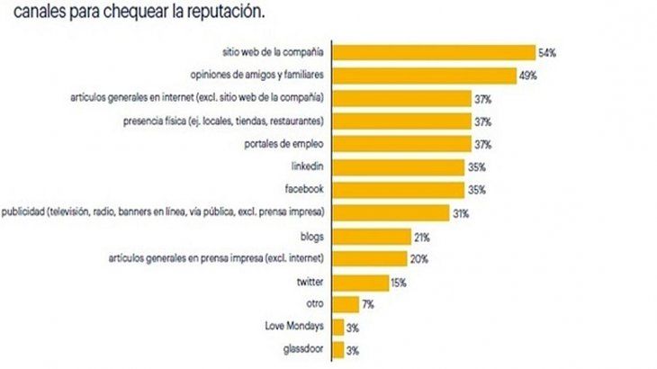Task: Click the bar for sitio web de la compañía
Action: [x=434, y=52]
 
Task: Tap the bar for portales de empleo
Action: [x=401, y=144]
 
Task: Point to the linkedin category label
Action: [x=306, y=167]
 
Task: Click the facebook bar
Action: [x=398, y=190]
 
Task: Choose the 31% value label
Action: [x=462, y=213]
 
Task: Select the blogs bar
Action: [x=369, y=237]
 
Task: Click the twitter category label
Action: [x=310, y=282]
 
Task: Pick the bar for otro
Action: [x=346, y=305]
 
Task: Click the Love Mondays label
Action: [x=294, y=328]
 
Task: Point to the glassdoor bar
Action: [x=338, y=350]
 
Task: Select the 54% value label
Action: [x=547, y=52]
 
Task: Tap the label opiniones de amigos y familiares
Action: [x=259, y=75]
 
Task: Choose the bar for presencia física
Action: [x=401, y=121]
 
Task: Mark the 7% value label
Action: [x=368, y=305]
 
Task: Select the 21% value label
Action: [x=420, y=237]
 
